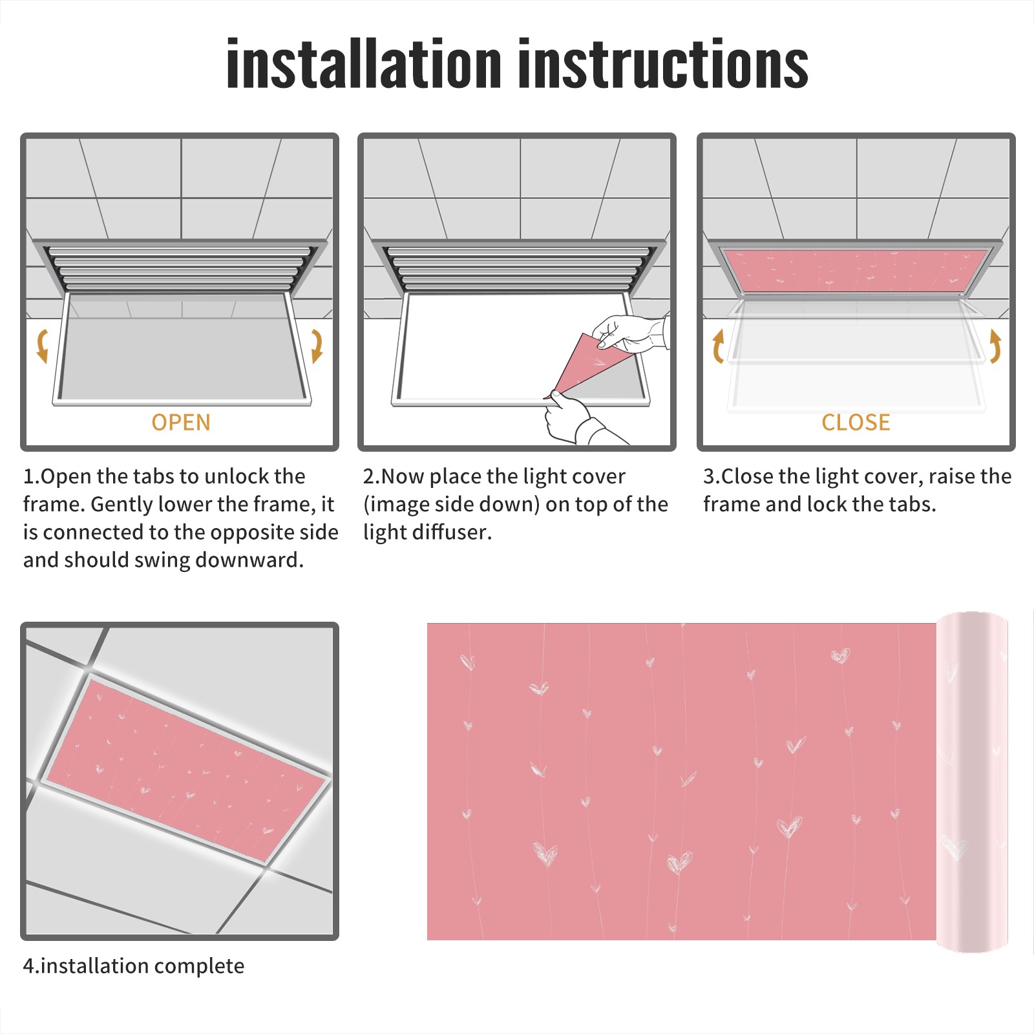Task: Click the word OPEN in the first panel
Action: [181, 422]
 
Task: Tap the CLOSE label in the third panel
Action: [856, 422]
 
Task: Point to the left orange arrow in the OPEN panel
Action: [42, 346]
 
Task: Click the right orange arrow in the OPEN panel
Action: [317, 346]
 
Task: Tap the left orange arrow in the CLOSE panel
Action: [718, 346]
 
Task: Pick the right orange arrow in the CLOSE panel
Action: [995, 346]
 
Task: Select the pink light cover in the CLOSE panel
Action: [856, 269]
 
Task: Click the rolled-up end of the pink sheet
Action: [972, 782]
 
